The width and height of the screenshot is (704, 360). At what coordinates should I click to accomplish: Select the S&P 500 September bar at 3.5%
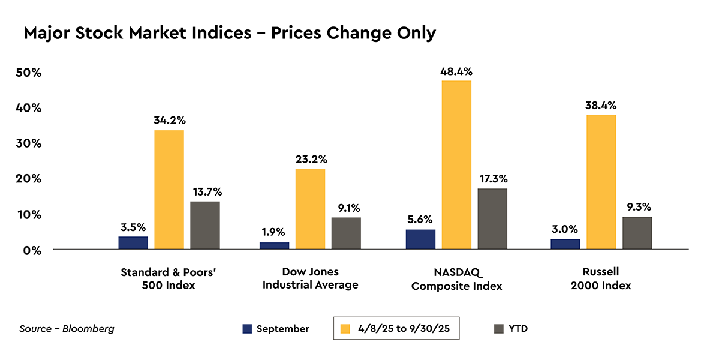point(133,243)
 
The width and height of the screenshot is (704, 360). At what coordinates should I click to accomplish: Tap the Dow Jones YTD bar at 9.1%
point(346,233)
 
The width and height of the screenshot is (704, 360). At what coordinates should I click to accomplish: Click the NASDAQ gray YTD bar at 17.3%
point(492,219)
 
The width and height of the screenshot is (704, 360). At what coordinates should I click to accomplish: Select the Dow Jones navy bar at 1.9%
point(274,246)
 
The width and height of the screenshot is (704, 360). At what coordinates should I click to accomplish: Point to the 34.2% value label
point(169,120)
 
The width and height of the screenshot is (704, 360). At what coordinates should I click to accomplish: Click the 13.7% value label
point(206,192)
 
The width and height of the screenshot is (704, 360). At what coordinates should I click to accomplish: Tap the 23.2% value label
point(311,160)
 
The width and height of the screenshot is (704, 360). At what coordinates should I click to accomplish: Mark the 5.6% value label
point(420,220)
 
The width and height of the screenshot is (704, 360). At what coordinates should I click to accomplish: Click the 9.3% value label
point(637,207)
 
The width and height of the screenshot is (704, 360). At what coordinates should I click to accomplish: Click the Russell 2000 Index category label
point(601,279)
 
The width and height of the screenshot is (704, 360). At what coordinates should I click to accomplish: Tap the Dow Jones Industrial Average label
point(310,278)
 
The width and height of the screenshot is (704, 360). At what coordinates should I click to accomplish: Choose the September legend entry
point(276,329)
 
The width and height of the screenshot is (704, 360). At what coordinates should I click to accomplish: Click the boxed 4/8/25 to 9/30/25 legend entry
point(396,329)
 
